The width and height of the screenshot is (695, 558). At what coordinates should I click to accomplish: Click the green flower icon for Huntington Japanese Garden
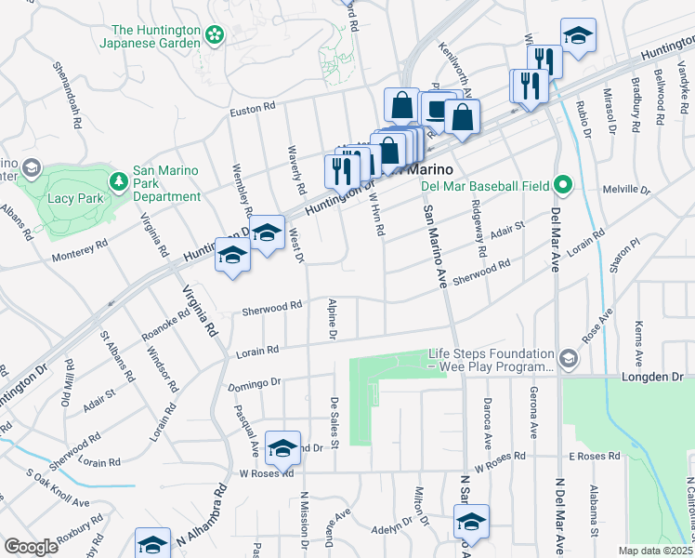216,35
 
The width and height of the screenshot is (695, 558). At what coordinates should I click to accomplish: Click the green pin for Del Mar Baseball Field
561,184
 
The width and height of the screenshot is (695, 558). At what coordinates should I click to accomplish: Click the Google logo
31,547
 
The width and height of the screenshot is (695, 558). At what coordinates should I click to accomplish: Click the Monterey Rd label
80,249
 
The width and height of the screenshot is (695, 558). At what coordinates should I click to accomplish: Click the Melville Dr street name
627,189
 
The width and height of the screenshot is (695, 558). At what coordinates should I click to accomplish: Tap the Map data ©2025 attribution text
654,551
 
